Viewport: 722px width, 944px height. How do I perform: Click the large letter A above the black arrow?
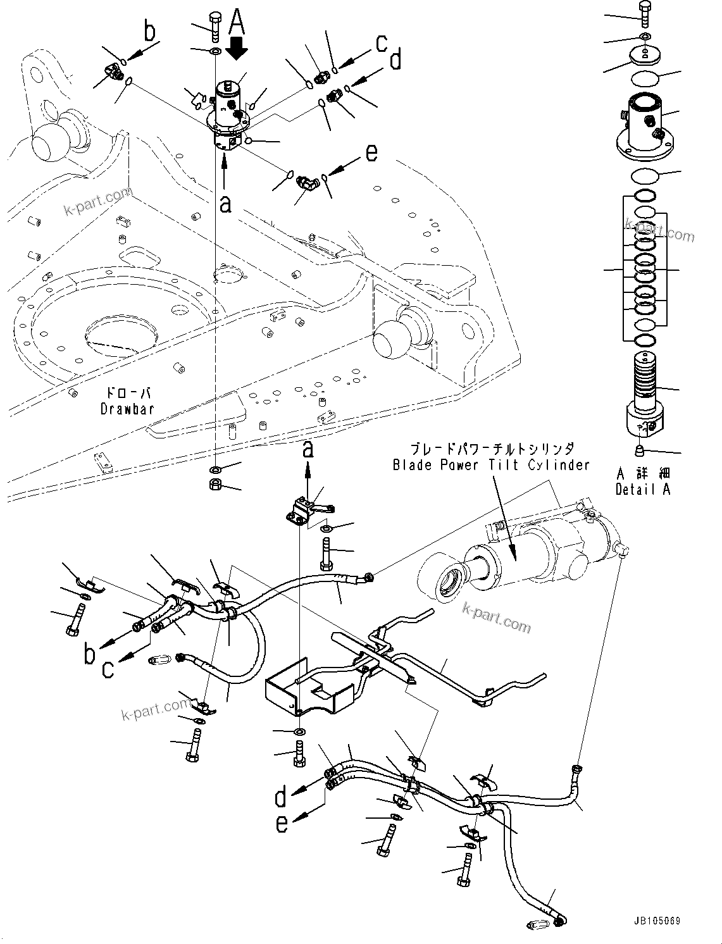(236, 22)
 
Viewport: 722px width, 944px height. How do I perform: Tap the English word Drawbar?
(127, 409)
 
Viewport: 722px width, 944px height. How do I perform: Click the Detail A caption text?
(642, 489)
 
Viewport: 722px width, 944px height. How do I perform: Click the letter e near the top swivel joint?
(371, 152)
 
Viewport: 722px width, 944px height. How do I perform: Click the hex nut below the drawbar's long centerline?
(215, 485)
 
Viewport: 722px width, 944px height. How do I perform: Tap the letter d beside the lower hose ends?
(281, 797)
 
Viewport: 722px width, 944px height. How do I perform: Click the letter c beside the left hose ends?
(108, 669)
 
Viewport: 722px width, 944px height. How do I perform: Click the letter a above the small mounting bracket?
(308, 449)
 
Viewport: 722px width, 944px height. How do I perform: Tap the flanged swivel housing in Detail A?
(643, 130)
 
